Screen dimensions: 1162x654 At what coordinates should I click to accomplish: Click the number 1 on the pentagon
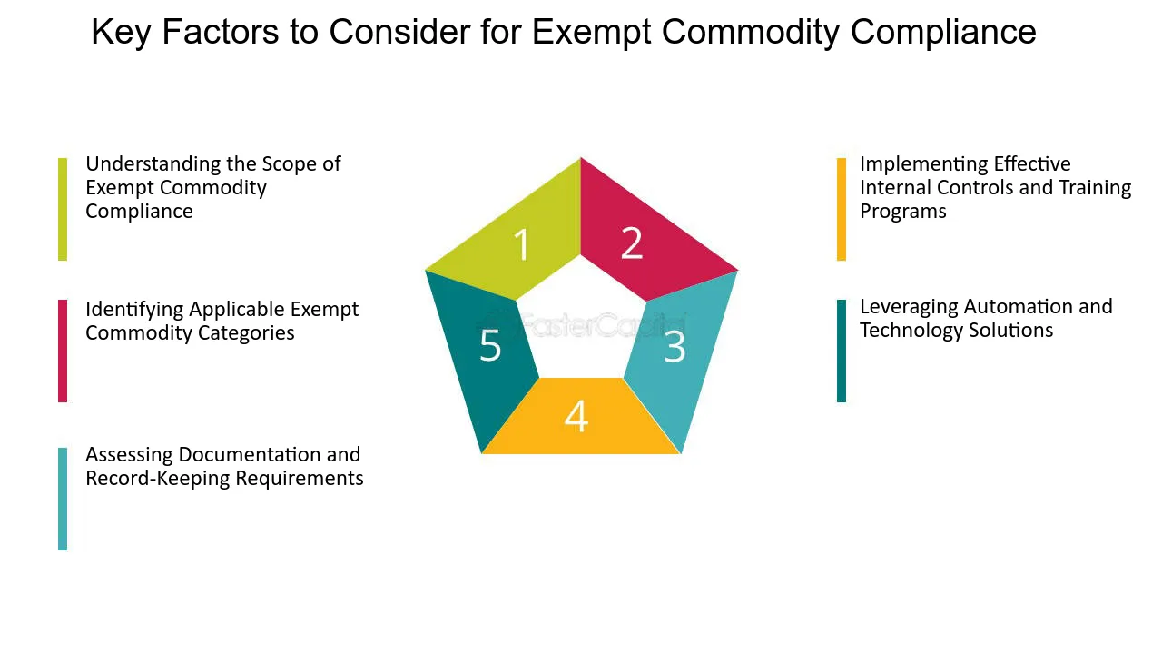[522, 244]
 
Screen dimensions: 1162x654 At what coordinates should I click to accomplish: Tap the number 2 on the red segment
[632, 243]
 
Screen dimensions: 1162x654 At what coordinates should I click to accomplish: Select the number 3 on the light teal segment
[675, 347]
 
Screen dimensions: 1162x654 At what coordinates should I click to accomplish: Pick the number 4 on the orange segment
[576, 416]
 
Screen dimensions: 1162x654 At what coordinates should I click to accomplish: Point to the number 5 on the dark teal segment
[490, 345]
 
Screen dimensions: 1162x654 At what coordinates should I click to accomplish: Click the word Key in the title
[121, 32]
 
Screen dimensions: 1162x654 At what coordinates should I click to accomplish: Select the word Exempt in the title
[592, 32]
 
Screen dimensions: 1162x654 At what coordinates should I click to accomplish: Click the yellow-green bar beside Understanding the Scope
[63, 209]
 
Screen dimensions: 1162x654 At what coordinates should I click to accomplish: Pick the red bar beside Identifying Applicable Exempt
[63, 351]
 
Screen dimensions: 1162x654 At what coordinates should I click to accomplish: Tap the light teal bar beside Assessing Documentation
[63, 499]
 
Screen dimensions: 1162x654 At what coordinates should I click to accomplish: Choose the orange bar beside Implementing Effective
[842, 209]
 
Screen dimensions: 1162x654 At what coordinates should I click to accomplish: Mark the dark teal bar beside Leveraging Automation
[842, 351]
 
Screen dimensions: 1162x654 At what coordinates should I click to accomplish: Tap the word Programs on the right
[903, 212]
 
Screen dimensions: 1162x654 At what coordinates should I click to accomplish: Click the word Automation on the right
[1019, 307]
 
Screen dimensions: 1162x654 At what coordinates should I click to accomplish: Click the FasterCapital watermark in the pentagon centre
[581, 325]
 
